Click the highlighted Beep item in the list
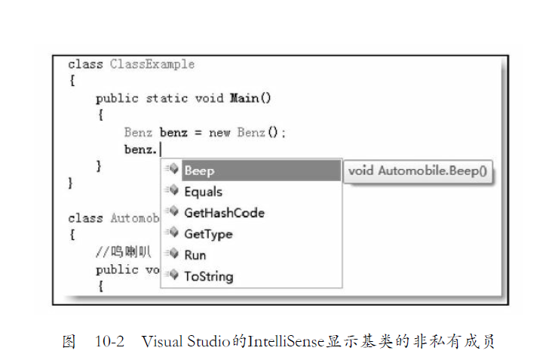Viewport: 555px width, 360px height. coord(199,171)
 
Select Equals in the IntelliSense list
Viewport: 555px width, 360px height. coord(203,192)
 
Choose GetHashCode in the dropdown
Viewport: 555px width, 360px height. coord(223,213)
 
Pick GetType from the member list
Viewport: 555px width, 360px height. coord(208,234)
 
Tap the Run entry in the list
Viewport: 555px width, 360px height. coord(195,255)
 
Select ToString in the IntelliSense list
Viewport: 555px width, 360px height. coord(208,276)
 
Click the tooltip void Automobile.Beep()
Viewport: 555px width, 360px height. coord(416,171)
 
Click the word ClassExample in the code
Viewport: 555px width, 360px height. coord(152,64)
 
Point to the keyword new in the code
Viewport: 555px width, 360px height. coord(219,132)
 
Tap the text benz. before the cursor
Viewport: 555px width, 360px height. coord(141,149)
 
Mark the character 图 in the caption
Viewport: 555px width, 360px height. coord(69,341)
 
